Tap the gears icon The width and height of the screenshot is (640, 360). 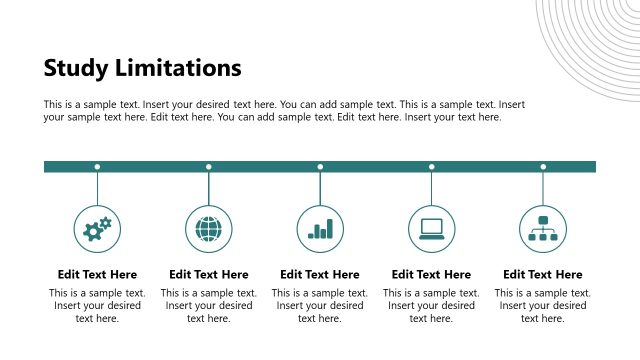click(x=97, y=229)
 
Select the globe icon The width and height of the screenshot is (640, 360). click(x=209, y=229)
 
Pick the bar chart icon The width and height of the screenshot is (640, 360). click(x=320, y=229)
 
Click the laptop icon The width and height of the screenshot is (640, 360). click(x=432, y=229)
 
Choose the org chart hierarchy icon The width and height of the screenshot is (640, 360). click(x=543, y=229)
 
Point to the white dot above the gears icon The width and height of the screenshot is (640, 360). click(x=97, y=167)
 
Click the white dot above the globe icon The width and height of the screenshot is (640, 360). click(x=209, y=167)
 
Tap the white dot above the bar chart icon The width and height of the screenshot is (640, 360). click(x=320, y=167)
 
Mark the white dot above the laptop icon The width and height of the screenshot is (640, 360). click(x=432, y=167)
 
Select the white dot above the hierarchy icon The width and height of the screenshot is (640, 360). click(x=543, y=167)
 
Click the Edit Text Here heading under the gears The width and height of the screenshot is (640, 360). click(x=97, y=274)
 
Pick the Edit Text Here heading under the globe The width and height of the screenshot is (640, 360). click(x=209, y=274)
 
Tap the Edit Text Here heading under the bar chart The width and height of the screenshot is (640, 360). click(x=320, y=274)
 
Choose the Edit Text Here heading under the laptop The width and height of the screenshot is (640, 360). click(x=432, y=274)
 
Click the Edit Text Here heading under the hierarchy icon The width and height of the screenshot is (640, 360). click(x=543, y=274)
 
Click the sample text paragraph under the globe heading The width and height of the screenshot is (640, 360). click(x=209, y=306)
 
